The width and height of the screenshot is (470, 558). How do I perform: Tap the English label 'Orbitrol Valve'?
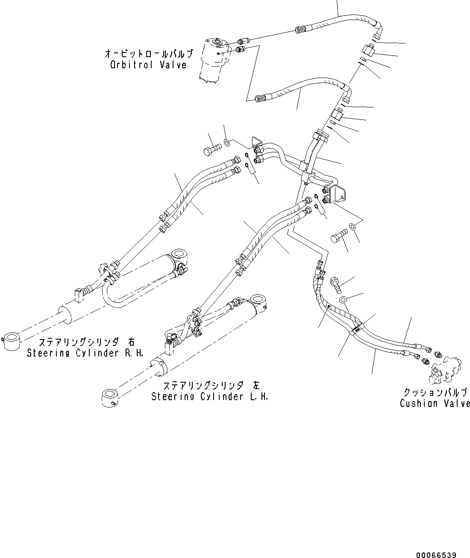148,65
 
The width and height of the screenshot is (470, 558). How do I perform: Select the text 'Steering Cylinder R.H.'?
85,353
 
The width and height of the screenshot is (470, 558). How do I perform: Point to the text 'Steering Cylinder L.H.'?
210,396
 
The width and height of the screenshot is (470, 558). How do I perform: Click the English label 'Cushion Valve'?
435,403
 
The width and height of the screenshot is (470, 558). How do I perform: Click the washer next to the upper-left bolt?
227,142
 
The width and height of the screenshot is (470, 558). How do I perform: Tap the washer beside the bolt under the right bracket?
352,227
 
